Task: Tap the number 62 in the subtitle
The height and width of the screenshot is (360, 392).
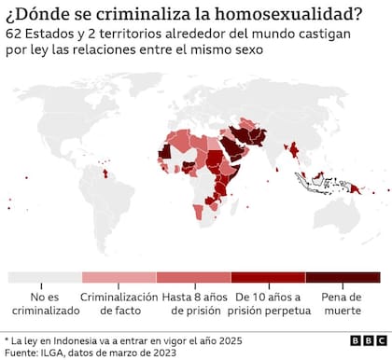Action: click(14, 34)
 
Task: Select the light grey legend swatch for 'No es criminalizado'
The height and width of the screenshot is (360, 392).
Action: click(44, 277)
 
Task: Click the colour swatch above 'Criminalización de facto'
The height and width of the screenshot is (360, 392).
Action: click(119, 277)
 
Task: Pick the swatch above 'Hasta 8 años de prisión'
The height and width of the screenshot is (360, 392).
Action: click(193, 277)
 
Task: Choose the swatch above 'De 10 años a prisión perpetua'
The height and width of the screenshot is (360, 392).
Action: click(268, 277)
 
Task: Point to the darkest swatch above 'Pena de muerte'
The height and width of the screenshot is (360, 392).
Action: click(343, 277)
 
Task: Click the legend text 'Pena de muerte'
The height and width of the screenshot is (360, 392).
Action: click(343, 305)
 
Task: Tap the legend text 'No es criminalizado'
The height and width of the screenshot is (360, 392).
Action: click(44, 305)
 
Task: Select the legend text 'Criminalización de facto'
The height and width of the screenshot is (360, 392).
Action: click(119, 305)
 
